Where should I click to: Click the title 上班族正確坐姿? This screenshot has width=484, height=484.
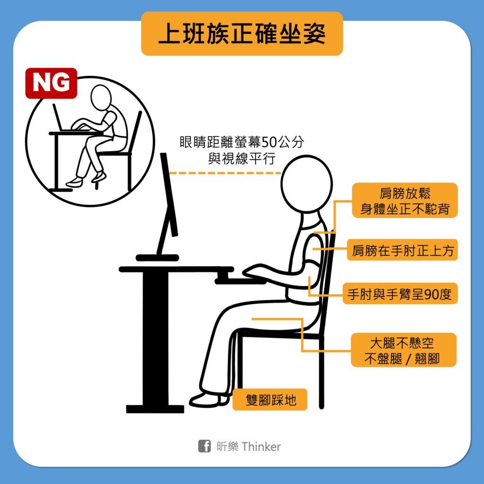[242, 34]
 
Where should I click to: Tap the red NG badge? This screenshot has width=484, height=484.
[51, 83]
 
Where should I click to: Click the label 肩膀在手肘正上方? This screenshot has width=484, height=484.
[402, 250]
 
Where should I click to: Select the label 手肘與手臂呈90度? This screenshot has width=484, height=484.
[400, 294]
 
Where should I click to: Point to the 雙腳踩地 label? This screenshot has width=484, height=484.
[270, 399]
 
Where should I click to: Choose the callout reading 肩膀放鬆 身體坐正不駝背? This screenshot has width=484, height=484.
[405, 200]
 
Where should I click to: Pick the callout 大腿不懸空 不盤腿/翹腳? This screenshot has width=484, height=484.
[404, 350]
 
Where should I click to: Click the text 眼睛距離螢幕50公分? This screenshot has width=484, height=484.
[242, 142]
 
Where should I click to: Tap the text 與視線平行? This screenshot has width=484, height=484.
[242, 159]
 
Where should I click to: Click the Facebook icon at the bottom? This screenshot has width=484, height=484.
[204, 446]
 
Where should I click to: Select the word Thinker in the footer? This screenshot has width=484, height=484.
[261, 446]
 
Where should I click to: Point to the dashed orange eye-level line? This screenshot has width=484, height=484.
[225, 173]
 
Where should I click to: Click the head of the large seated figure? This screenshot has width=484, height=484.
[306, 184]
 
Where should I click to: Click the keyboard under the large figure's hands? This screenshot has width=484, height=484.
[240, 281]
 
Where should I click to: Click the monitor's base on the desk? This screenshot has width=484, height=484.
[157, 258]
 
